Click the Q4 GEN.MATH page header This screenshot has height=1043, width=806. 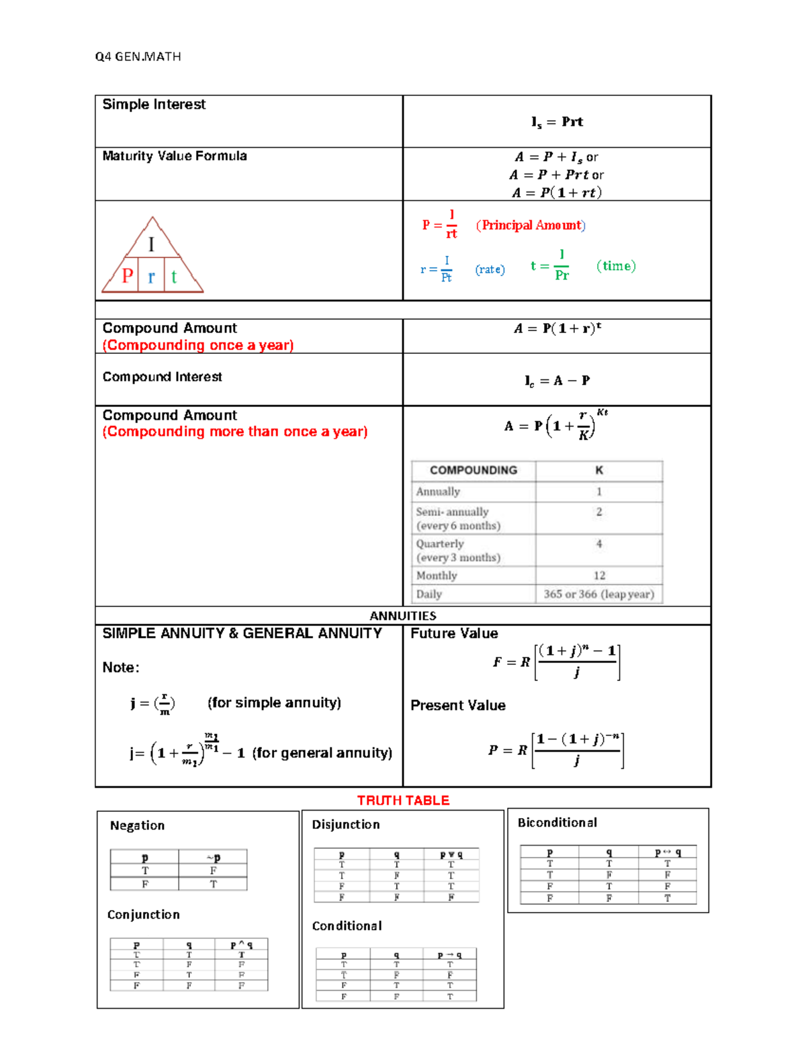click(x=138, y=56)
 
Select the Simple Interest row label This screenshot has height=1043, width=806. click(x=154, y=104)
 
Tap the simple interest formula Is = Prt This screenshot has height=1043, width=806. click(x=557, y=122)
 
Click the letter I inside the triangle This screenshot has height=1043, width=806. click(x=151, y=244)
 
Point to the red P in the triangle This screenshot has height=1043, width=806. click(x=127, y=275)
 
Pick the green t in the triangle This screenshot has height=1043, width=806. click(x=174, y=277)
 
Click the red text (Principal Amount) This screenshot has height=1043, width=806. click(x=531, y=225)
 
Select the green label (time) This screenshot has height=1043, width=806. click(x=615, y=266)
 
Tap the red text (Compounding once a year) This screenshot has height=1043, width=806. click(x=197, y=345)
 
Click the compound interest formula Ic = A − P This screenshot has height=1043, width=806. click(x=557, y=381)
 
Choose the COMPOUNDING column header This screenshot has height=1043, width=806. click(x=474, y=470)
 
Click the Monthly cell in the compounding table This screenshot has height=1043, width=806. click(x=437, y=576)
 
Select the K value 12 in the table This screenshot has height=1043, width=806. click(x=599, y=576)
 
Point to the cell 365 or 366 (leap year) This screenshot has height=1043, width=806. click(x=598, y=594)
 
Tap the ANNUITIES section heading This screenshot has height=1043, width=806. click(x=403, y=616)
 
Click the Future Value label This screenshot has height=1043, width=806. click(x=454, y=633)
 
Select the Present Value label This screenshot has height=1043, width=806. click(x=457, y=705)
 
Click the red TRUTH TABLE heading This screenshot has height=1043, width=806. click(x=403, y=801)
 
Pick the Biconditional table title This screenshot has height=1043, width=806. click(x=557, y=823)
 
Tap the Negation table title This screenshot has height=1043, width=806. click(x=137, y=825)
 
